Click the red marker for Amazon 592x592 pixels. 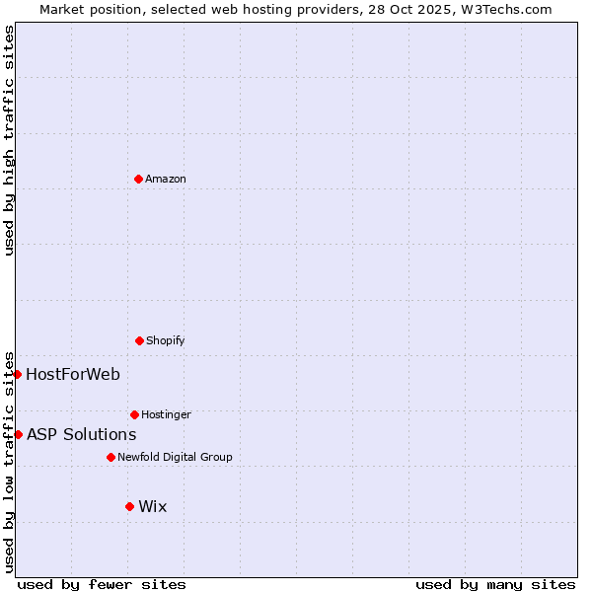[x=138, y=179]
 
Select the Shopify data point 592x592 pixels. [x=139, y=340]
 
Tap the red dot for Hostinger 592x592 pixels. [x=134, y=414]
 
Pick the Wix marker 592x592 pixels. [x=129, y=506]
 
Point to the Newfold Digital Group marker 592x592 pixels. [x=111, y=457]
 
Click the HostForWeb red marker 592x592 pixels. [x=18, y=374]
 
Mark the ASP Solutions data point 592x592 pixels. [x=18, y=434]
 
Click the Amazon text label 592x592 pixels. [x=166, y=179]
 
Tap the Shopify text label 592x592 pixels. [x=165, y=340]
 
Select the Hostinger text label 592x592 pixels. [x=166, y=414]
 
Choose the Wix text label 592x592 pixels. [x=153, y=506]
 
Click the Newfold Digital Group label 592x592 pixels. [x=175, y=457]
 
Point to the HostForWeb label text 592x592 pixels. [x=73, y=374]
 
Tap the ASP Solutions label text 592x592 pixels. [x=81, y=434]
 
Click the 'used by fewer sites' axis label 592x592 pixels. [x=102, y=584]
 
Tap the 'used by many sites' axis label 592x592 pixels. [x=495, y=584]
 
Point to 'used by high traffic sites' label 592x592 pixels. [x=9, y=140]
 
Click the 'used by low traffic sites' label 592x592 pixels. [x=9, y=461]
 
